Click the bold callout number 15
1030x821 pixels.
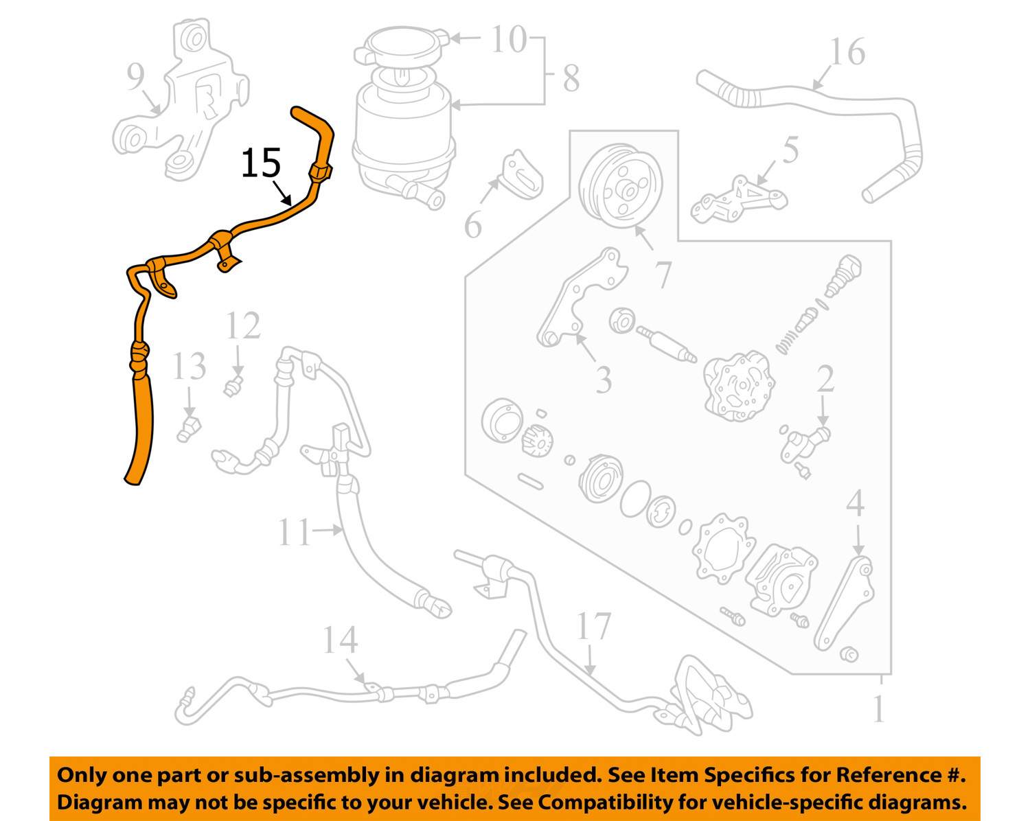tap(261, 164)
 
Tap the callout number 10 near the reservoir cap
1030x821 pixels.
tap(508, 39)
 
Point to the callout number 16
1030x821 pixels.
tap(847, 52)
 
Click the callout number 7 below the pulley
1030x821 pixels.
tap(663, 274)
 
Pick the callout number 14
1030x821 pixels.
tap(340, 640)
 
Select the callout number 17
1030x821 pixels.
tap(593, 626)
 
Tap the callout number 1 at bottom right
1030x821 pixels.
tap(878, 709)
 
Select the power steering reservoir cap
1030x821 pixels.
tap(401, 48)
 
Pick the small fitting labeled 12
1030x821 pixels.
tap(234, 386)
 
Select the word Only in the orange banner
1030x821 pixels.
tap(81, 775)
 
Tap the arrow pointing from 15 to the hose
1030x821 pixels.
tap(281, 193)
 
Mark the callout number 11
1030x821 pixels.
tap(294, 532)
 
